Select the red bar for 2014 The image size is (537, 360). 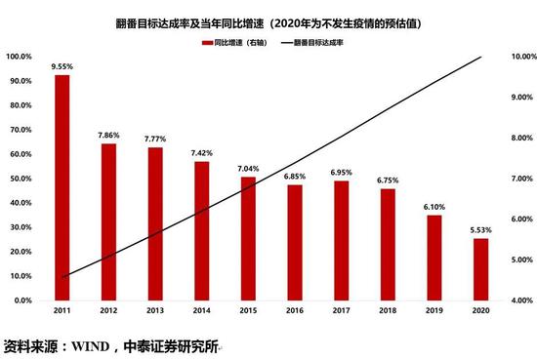pos(201,230)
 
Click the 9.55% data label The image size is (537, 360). pos(62,66)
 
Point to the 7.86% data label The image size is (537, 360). pos(108,136)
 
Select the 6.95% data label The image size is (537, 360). pos(341,173)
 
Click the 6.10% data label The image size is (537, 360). pos(434,207)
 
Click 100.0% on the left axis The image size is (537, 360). pos(19,57)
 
